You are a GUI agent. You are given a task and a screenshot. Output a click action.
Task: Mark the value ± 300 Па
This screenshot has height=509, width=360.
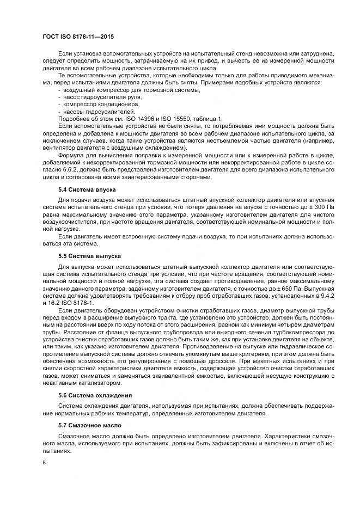point(315,207)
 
